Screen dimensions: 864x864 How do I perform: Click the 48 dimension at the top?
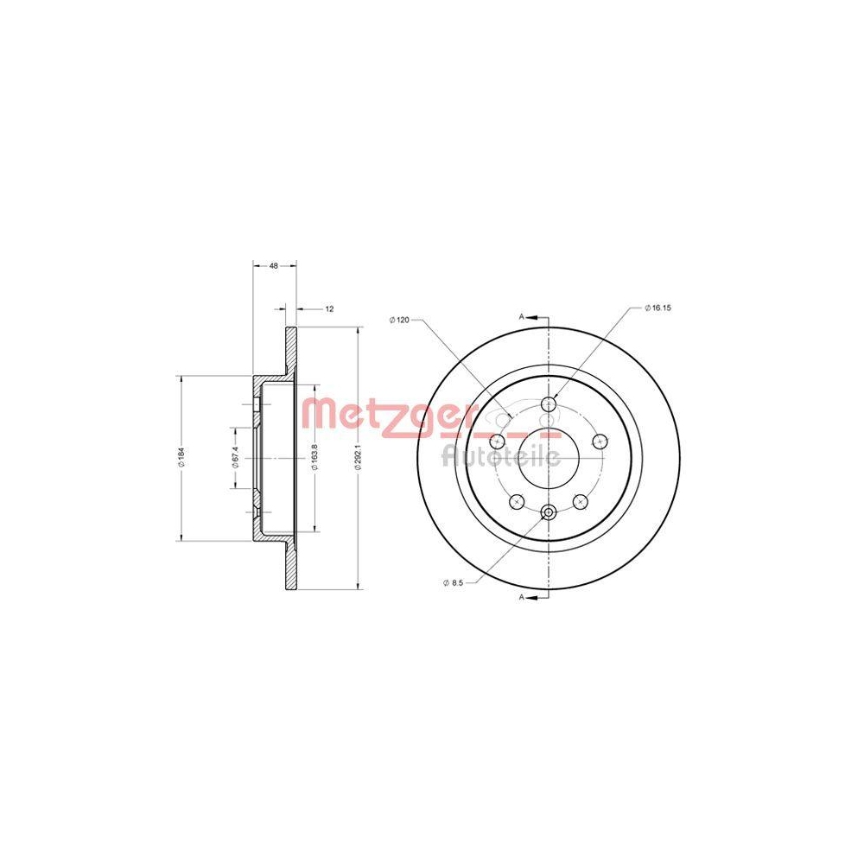tap(273, 266)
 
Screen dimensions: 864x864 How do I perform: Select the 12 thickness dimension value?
tap(329, 308)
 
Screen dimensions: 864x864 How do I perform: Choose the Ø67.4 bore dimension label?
tap(234, 459)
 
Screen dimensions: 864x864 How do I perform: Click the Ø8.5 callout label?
tap(453, 584)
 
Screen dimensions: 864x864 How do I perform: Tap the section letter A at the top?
tap(521, 317)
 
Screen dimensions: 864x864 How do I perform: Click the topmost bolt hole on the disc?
tap(548, 403)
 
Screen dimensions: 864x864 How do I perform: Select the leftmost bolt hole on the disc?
tap(497, 442)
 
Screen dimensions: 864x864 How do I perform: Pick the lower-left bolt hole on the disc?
tap(517, 501)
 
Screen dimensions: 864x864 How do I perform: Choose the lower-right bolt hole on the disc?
tap(580, 501)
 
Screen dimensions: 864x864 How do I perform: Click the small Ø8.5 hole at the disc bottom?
tap(548, 514)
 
